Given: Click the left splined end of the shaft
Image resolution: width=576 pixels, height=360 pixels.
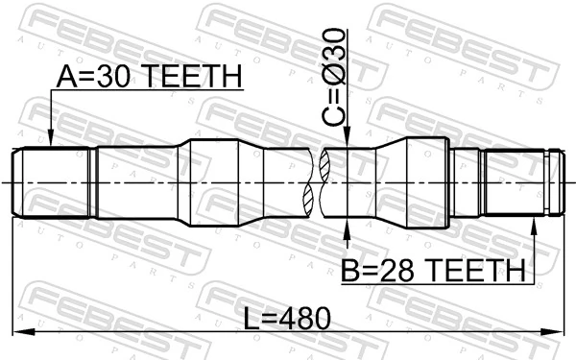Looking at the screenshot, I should click(x=53, y=182).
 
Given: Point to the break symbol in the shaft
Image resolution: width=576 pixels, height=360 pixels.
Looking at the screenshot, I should click(x=319, y=182).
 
